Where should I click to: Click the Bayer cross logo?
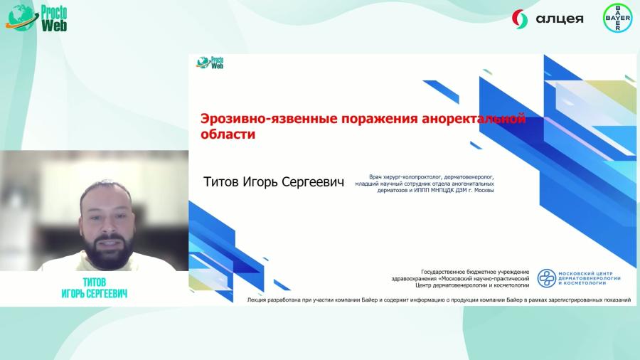click(x=617, y=18)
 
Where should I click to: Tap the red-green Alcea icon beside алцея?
click(x=521, y=18)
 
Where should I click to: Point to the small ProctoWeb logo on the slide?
click(x=210, y=63)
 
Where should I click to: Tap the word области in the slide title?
click(x=228, y=133)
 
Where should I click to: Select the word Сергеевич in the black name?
click(x=314, y=182)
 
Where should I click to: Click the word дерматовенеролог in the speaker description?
click(x=466, y=176)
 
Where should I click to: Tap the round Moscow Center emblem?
click(x=547, y=279)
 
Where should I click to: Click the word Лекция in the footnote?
click(x=257, y=300)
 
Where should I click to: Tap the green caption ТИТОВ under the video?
click(x=95, y=281)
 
